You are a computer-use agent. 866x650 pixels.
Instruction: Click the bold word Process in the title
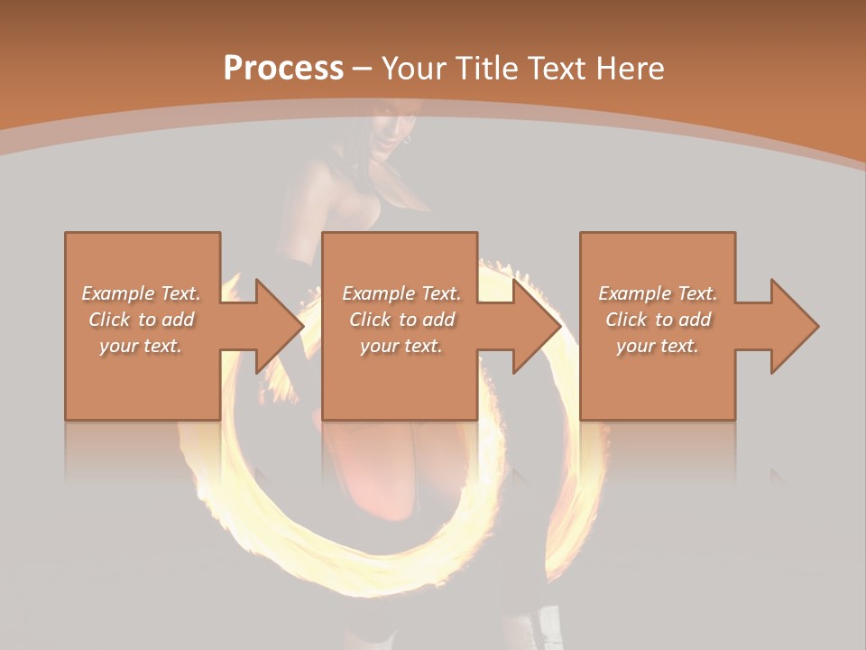[x=283, y=69]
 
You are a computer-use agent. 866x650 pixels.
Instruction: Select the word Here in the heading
[x=629, y=69]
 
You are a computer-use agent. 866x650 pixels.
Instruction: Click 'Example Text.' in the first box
[x=142, y=293]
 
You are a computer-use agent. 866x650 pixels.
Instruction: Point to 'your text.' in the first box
[x=142, y=346]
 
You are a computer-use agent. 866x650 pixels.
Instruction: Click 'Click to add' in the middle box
[x=402, y=320]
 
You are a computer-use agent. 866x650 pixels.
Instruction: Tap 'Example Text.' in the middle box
[x=402, y=293]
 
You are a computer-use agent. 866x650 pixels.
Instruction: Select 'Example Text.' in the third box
[x=659, y=293]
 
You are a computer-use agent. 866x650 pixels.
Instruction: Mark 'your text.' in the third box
[x=659, y=346]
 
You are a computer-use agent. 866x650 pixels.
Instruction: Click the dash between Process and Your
[x=363, y=70]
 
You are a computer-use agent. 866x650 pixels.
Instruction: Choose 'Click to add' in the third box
[x=659, y=320]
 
